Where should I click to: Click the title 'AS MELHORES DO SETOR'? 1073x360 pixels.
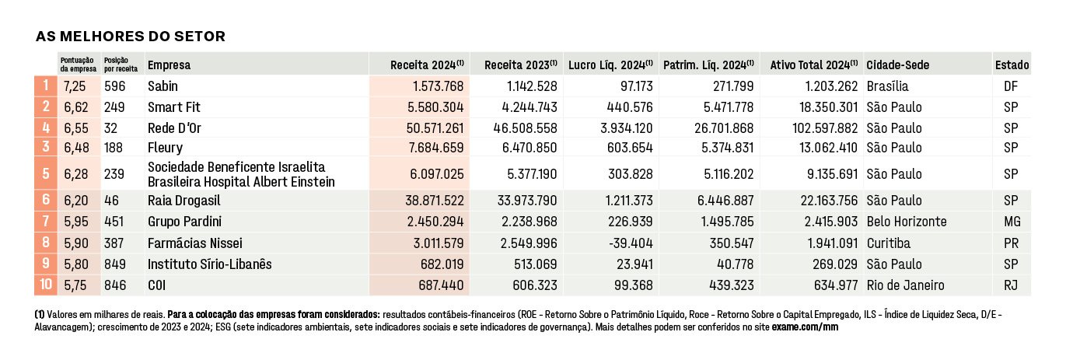pos(131,37)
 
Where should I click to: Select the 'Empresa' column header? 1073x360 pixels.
pos(169,65)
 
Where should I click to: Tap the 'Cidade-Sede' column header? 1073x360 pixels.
pos(898,65)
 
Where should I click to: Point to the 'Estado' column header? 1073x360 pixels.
pos(1012,65)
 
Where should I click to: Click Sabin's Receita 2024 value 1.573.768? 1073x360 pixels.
pos(438,86)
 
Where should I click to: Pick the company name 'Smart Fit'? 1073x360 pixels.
pos(174,107)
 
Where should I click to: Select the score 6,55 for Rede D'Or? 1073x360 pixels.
pos(76,128)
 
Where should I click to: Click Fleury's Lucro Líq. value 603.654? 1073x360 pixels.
pos(630,148)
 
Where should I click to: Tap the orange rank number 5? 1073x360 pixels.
pos(46,173)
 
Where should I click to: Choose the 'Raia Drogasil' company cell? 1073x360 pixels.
pos(184,201)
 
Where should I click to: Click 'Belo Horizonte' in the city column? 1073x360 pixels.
pos(907,222)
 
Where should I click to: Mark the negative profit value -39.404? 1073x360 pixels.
pos(631,243)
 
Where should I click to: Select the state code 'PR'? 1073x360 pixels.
pos(1012,243)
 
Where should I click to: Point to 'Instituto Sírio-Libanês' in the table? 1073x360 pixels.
pos(209,264)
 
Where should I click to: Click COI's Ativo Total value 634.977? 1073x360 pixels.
pos(835,285)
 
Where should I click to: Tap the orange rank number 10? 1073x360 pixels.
pos(46,285)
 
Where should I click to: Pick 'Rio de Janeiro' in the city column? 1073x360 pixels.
pos(905,285)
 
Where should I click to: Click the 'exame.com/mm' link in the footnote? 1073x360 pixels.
pos(805,327)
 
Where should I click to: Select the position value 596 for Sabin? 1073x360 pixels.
pos(115,86)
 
